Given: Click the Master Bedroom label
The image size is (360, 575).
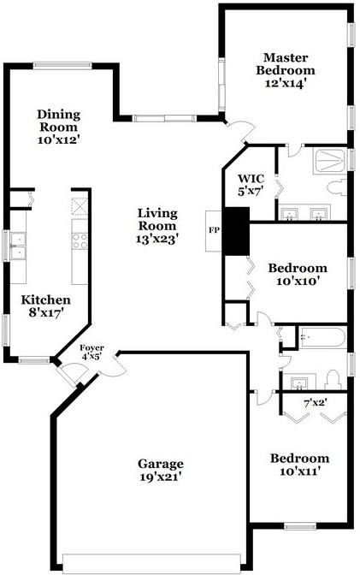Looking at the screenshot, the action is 286,70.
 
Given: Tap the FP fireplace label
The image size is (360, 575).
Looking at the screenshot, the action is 214,231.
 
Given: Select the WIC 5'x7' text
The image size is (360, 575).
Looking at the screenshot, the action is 251,185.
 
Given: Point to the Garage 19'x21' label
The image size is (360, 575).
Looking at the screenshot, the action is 161,470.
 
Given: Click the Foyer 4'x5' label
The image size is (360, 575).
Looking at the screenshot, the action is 91,352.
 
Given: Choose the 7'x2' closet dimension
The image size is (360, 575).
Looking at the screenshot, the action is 316,403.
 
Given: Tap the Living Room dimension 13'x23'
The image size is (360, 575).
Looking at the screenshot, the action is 157,239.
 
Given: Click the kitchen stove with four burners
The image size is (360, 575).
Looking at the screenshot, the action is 80,241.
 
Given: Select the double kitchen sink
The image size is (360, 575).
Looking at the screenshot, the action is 18,246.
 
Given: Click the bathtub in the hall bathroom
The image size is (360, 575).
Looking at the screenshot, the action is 322,337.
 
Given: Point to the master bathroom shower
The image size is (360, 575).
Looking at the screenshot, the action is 329,162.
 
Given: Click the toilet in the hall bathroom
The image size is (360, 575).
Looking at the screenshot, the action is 333,380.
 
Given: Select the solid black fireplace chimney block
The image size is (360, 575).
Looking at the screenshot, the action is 236,231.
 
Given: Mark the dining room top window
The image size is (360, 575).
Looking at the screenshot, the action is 62,66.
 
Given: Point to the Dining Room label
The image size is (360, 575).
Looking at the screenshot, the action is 59,127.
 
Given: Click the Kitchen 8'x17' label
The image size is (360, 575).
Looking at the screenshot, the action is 46,306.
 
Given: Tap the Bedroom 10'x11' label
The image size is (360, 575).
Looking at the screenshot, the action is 299,465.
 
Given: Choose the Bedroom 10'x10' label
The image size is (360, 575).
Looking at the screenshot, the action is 298,275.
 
